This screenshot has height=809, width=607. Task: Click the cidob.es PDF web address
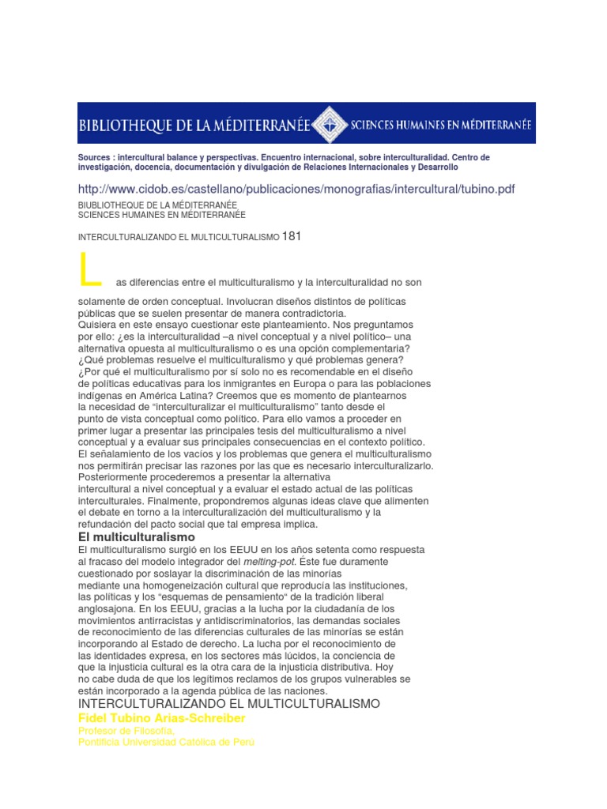click(x=296, y=190)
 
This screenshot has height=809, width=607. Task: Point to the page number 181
click(x=292, y=236)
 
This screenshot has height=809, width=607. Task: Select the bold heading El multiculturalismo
click(x=136, y=537)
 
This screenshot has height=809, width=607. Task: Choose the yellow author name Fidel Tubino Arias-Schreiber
click(x=162, y=718)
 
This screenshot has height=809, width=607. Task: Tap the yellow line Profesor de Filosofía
click(x=126, y=732)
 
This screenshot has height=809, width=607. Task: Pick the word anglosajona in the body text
click(x=105, y=609)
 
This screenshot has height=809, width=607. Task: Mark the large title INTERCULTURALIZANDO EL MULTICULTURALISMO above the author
click(x=229, y=704)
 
